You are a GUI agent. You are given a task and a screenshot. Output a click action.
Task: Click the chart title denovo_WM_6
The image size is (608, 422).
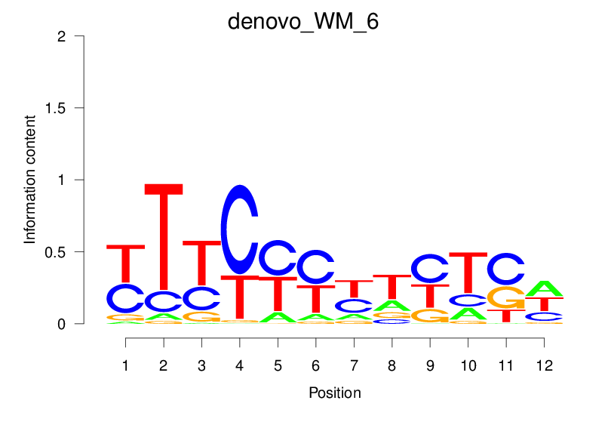point(303,22)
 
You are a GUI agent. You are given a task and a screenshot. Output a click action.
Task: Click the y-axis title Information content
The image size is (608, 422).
point(30,179)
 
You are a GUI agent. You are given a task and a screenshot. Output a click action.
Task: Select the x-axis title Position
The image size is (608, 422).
point(334,393)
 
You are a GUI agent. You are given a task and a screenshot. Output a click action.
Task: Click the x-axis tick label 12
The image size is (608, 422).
point(544,366)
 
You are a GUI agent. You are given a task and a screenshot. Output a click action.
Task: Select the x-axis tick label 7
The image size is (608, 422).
point(354,366)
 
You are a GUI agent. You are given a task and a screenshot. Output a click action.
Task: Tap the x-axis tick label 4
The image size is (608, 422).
point(240,366)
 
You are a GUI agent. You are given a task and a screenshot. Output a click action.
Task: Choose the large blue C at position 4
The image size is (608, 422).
point(240,229)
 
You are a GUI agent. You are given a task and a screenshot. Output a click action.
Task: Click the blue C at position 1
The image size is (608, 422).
point(125,299)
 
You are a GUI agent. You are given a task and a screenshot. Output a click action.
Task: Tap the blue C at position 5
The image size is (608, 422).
point(278,258)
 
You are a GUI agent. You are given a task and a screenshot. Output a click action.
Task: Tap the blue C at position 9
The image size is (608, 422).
point(430,269)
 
